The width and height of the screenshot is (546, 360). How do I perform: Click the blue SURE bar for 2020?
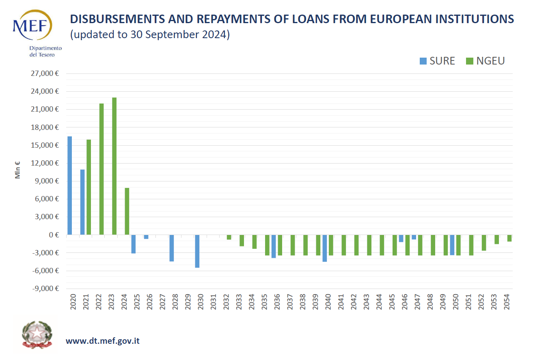69,185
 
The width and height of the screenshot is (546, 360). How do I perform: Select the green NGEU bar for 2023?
114,166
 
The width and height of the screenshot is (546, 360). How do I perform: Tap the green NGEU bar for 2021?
88,187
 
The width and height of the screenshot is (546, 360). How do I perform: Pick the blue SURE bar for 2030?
197,251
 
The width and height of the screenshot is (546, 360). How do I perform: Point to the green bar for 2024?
127,211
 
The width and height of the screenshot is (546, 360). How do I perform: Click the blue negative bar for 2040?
324,248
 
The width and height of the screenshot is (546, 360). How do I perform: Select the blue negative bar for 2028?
172,248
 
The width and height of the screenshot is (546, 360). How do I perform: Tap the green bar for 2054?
509,238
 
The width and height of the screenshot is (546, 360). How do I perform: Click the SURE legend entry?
437,61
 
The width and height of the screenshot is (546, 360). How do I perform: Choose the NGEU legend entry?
486,61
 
